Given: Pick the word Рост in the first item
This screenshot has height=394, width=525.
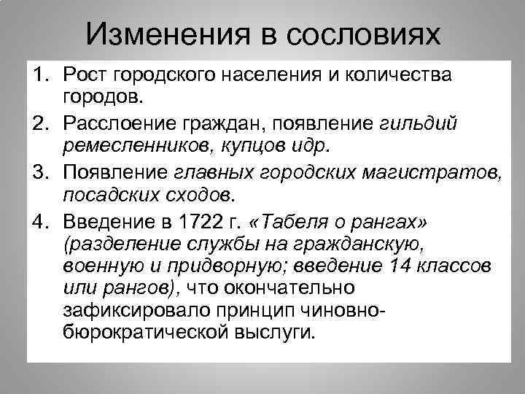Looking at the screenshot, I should click(x=85, y=75).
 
